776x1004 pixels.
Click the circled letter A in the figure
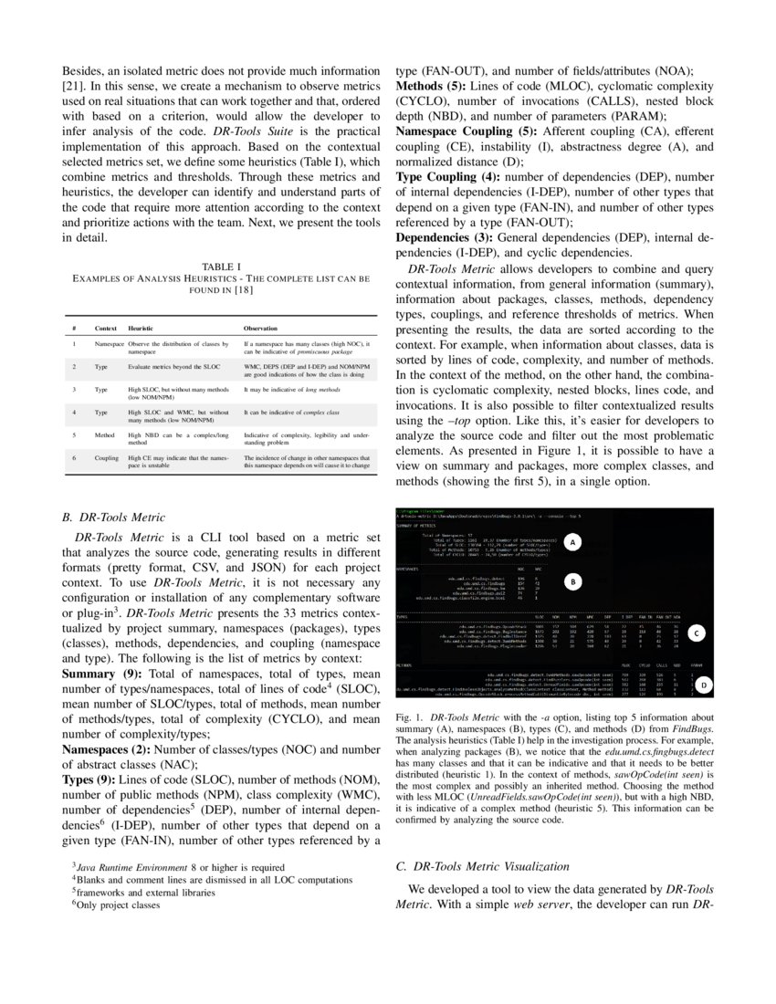coord(572,542)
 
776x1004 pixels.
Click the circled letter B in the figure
coord(572,580)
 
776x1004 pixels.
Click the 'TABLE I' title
coord(221,266)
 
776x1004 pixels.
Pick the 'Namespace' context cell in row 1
coord(110,343)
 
